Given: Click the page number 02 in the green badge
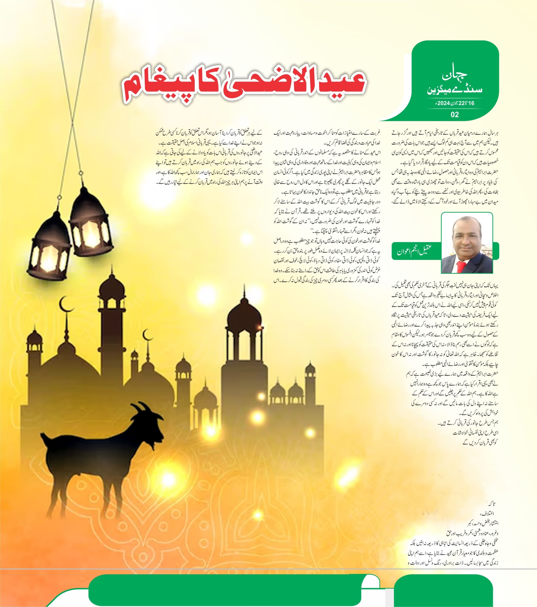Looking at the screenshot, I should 455,114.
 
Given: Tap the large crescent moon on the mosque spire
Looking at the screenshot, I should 65,304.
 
